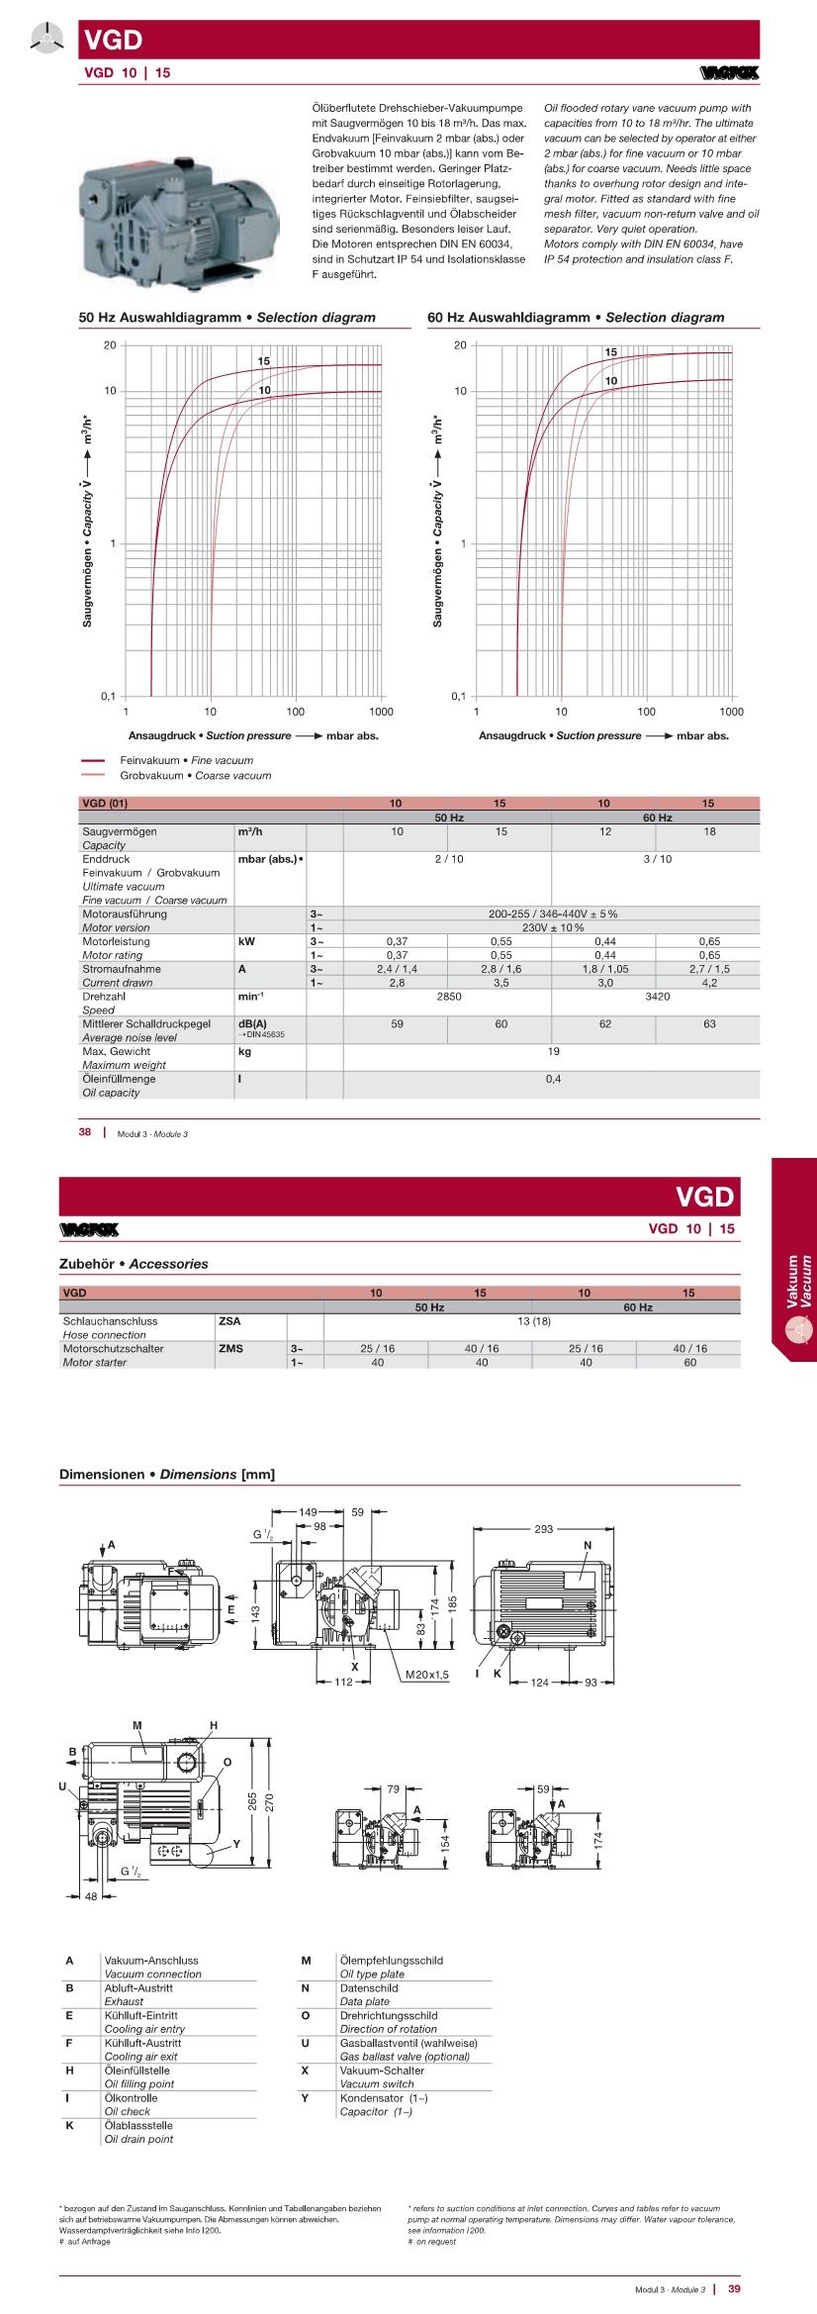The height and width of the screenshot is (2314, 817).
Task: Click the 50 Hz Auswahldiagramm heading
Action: [x=227, y=318]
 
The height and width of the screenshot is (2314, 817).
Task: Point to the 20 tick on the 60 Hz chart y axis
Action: [x=460, y=344]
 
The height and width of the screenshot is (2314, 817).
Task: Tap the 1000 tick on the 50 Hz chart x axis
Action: [x=381, y=712]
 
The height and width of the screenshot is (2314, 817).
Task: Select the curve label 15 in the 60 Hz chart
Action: [x=611, y=352]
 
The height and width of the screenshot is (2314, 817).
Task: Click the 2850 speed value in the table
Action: [x=449, y=997]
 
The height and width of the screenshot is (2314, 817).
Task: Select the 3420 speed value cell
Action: [x=658, y=997]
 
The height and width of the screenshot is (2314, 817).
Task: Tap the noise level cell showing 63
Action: [x=709, y=1024]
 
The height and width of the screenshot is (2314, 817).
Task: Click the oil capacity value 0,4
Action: [x=553, y=1079]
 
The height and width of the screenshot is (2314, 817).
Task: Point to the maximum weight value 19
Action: [x=553, y=1051]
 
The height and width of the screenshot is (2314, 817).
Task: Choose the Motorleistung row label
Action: [x=117, y=942]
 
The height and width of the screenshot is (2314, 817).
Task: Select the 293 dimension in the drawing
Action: [x=544, y=1529]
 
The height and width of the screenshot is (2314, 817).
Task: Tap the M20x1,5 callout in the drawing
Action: [x=427, y=1674]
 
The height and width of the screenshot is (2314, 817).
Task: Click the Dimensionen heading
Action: [x=167, y=1475]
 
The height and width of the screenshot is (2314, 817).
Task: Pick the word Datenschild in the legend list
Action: [x=369, y=1987]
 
